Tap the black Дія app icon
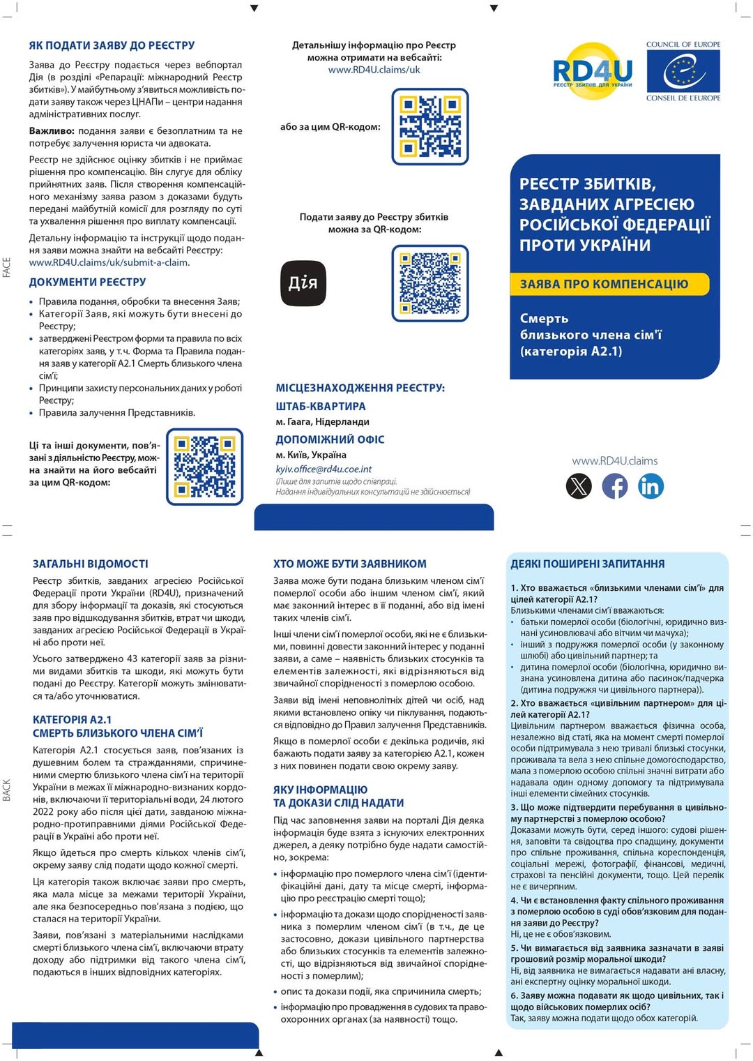[x=303, y=283]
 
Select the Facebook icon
[x=614, y=486]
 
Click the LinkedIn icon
[x=651, y=486]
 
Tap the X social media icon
[x=579, y=486]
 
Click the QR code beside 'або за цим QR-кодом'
[x=430, y=126]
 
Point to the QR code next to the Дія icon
[x=430, y=283]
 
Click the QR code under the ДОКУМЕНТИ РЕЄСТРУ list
[x=205, y=467]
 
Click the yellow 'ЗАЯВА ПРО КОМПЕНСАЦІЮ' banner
[x=604, y=284]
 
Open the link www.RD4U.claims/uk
[x=374, y=70]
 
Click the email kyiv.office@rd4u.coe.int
[x=324, y=469]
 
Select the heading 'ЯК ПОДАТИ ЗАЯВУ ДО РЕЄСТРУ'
[x=112, y=45]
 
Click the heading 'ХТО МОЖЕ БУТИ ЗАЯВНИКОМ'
[x=350, y=564]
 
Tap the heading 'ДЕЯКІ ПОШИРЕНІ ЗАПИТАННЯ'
[x=588, y=564]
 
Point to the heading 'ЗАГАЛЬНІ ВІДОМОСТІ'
[x=91, y=564]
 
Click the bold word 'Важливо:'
[x=52, y=130]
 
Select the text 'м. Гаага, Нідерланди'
[x=323, y=422]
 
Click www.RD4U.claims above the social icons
[x=614, y=461]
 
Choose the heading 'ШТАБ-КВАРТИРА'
[x=321, y=406]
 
